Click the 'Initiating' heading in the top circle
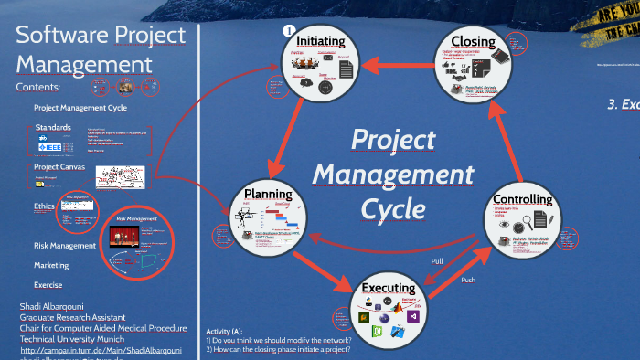point(321,41)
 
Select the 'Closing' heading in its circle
point(472,41)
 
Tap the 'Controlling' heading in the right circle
point(522,199)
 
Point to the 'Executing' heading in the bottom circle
point(389,288)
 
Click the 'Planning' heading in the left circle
point(268,193)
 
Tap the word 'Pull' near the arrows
point(437,261)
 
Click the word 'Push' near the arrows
point(467,280)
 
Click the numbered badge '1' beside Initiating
point(289,31)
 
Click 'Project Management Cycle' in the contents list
point(80,108)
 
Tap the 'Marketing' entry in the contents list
point(52,265)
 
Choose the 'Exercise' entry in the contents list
point(48,284)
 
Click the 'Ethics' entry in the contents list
point(44,206)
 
